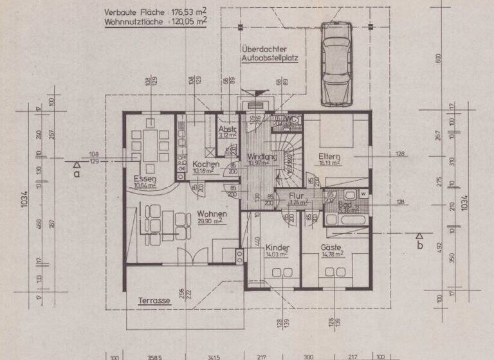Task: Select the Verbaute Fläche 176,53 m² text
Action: pyautogui.click(x=155, y=12)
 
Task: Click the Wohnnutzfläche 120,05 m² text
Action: pyautogui.click(x=155, y=21)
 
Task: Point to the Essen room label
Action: pyautogui.click(x=142, y=178)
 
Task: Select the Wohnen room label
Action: pyautogui.click(x=210, y=213)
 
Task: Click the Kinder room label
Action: pyautogui.click(x=277, y=248)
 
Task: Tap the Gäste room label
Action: pyautogui.click(x=332, y=248)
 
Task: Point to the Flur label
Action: pyautogui.click(x=296, y=197)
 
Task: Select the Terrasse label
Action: pyautogui.click(x=154, y=300)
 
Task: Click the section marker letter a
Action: pyautogui.click(x=77, y=173)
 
